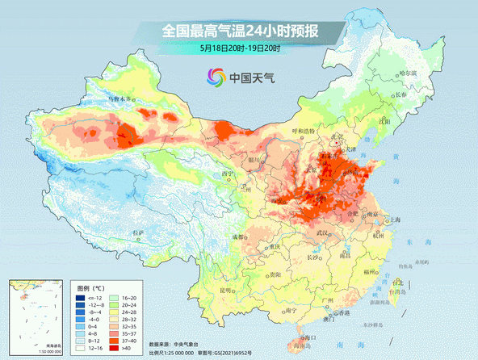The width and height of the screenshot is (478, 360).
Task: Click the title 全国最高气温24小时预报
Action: click(240, 31)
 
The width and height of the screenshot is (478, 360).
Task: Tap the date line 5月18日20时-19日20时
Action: click(240, 48)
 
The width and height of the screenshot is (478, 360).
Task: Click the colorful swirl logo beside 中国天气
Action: click(215, 78)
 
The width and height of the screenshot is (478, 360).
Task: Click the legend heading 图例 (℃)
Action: click(90, 287)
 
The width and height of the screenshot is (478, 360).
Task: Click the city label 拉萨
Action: click(138, 233)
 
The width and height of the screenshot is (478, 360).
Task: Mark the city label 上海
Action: click(396, 220)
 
